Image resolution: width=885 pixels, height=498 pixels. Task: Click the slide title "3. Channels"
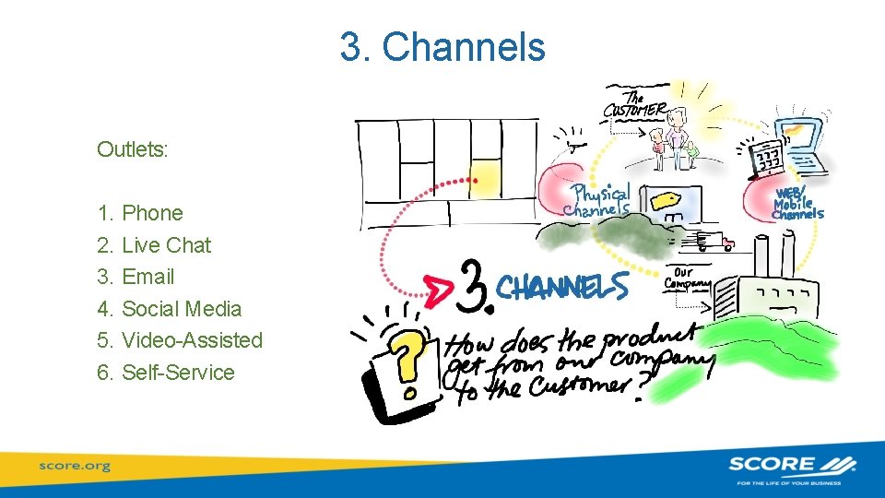point(442,47)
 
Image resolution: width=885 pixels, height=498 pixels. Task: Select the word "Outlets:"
point(133,149)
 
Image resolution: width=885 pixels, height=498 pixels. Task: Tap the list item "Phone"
point(152,213)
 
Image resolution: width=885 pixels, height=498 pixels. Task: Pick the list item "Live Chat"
point(166,245)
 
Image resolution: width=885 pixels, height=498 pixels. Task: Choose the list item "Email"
point(147,277)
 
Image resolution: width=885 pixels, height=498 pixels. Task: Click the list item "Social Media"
point(182,309)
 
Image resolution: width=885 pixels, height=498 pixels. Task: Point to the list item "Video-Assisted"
point(192,340)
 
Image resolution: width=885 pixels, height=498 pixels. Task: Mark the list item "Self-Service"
point(178,373)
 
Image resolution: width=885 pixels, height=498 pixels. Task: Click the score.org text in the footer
point(75,466)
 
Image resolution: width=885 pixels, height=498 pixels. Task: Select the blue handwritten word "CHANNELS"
point(562,287)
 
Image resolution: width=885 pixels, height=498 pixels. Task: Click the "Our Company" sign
point(687,278)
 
